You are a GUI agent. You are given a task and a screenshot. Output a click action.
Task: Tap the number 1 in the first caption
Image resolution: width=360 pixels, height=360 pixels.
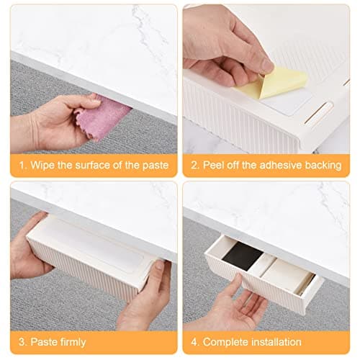coord(22,166)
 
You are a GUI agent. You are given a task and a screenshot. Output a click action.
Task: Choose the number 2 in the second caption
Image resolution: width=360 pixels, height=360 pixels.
coord(194,166)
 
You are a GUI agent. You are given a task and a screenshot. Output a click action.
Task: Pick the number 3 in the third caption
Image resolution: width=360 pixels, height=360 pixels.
coord(22,342)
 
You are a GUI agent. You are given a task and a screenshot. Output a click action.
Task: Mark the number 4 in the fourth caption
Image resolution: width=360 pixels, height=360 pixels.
coord(194,342)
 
